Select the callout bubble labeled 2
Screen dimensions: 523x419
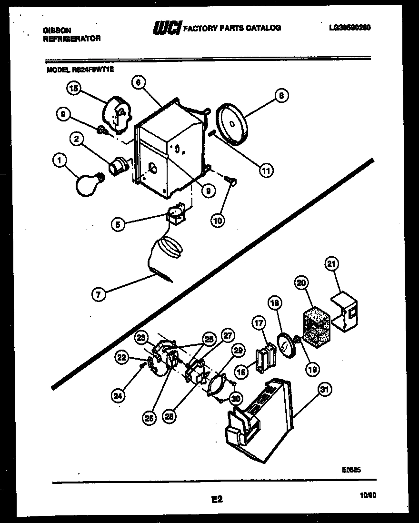coord(75,139)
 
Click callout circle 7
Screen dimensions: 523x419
coord(98,295)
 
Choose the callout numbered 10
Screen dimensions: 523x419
coord(217,220)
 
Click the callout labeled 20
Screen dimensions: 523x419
coord(300,283)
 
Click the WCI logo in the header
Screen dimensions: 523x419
coord(166,29)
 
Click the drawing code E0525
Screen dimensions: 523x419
coord(351,469)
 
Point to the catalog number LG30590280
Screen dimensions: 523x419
coord(349,28)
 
